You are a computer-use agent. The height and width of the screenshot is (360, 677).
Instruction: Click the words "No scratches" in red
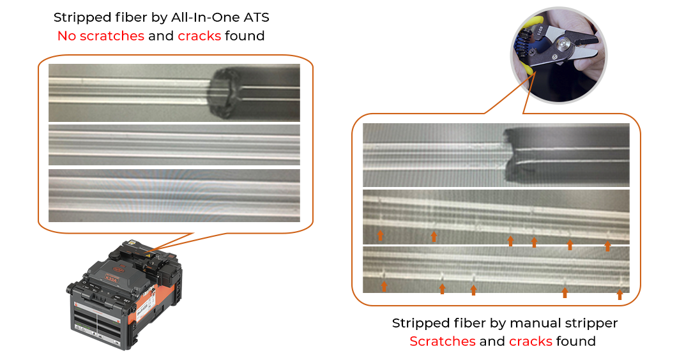pos(100,36)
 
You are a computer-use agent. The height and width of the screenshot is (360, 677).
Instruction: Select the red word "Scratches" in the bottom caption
pos(442,341)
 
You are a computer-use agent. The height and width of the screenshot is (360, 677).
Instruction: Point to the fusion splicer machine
pos(125,294)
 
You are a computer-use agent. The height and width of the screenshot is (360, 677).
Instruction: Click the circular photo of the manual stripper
pos(559,59)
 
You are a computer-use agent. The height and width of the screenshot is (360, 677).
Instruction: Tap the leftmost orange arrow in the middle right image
pos(380,235)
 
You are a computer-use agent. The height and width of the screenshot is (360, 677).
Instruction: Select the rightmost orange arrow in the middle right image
pos(607,245)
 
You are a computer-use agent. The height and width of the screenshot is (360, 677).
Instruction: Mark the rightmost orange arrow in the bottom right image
pos(620,294)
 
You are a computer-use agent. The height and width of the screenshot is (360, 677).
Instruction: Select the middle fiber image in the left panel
pos(174,145)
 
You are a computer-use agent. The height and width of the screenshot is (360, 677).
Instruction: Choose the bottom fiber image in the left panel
pos(174,195)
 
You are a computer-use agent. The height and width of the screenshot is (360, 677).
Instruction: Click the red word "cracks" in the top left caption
pos(199,36)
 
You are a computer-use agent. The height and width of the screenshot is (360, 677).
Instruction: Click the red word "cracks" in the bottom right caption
pos(530,341)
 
